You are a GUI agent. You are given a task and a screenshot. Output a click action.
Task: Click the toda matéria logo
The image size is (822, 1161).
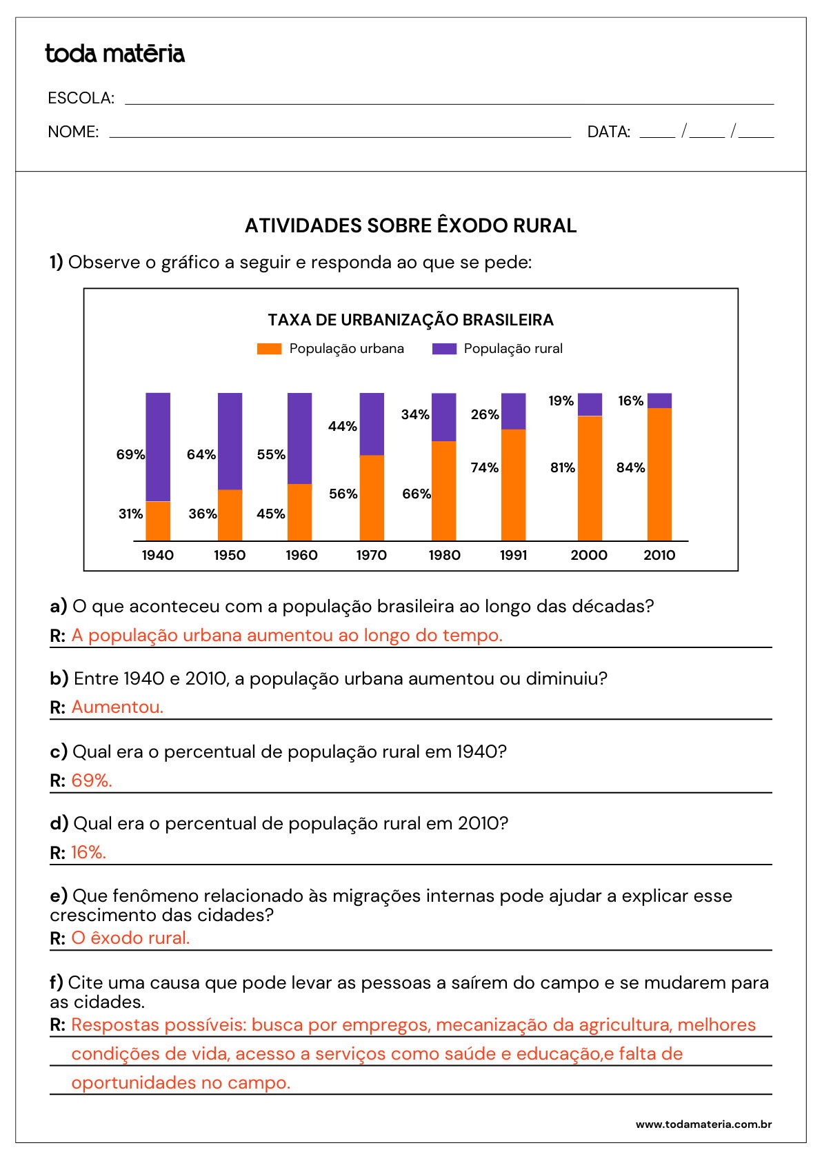pos(114,54)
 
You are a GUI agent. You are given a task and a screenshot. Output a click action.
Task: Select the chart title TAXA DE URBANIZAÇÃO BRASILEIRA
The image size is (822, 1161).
pos(410,320)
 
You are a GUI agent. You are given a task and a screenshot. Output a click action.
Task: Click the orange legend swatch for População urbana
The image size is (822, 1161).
pos(269,349)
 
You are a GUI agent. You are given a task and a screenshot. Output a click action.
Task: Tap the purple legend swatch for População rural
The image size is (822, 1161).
pos(444,349)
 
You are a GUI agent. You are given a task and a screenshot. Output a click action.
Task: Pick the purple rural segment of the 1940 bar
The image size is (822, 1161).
pos(158,446)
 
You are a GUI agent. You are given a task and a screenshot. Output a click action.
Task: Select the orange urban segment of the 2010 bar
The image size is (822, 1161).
pos(659,474)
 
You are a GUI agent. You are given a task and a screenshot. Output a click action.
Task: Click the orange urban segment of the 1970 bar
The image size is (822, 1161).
pos(372,498)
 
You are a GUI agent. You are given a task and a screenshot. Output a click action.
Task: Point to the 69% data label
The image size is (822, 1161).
pos(130,454)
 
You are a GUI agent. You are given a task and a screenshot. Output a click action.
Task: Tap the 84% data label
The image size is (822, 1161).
pos(630,467)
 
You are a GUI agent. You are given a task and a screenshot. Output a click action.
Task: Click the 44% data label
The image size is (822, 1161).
pos(342,426)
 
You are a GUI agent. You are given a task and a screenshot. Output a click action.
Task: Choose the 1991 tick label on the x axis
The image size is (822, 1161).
pos(513,555)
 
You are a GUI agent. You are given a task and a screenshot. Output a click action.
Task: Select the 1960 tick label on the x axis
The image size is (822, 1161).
pos(301,555)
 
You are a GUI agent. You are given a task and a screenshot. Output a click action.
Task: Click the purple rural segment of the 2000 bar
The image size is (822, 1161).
pos(590,404)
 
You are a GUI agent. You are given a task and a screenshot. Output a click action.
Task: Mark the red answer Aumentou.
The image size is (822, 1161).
pos(117,707)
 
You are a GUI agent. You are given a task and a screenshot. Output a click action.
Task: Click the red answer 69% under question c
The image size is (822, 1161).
pos(91,780)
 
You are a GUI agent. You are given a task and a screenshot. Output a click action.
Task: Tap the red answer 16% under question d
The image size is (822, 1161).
pos(88,852)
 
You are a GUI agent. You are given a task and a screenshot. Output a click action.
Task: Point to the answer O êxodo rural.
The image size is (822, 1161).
pos(130,938)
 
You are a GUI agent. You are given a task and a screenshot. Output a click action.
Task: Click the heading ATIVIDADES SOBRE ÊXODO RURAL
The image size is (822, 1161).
pos(410,225)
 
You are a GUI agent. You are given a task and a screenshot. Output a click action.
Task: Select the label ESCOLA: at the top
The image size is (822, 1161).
pos(81,98)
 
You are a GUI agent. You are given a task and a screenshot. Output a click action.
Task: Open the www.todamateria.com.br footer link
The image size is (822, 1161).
pos(703,1124)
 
